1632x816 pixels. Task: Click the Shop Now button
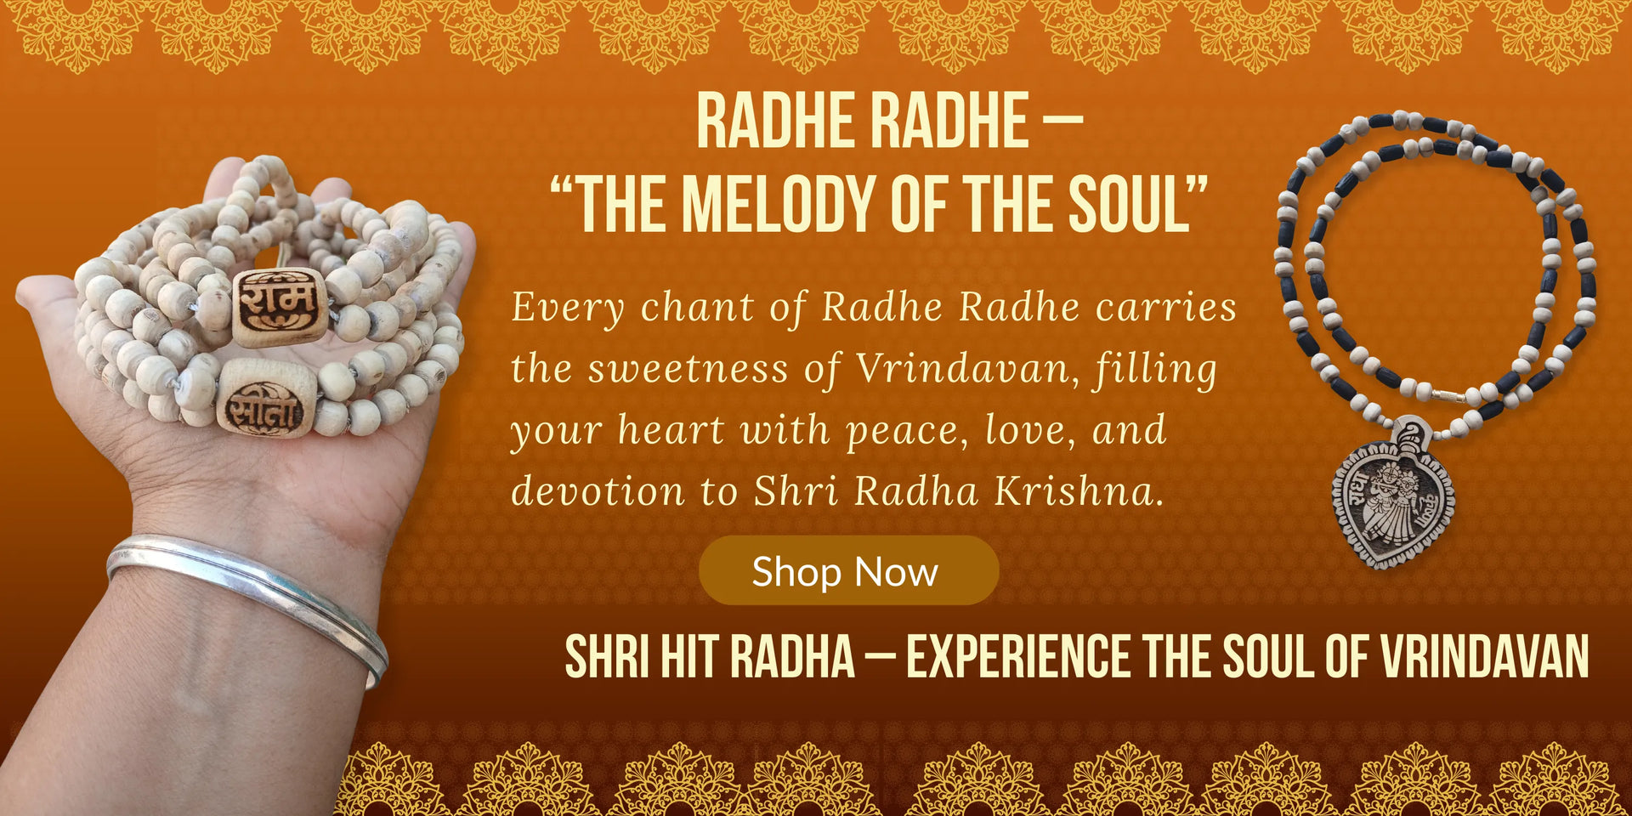click(x=848, y=570)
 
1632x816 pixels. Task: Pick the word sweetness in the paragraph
click(x=688, y=369)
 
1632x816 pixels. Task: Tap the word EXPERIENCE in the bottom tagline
click(x=1017, y=657)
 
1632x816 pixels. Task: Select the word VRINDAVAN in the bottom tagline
click(x=1484, y=657)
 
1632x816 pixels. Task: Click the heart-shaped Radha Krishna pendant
click(x=1392, y=499)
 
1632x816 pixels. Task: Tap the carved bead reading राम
click(x=279, y=306)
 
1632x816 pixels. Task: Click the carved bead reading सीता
click(x=267, y=399)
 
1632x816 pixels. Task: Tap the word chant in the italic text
click(x=697, y=308)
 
